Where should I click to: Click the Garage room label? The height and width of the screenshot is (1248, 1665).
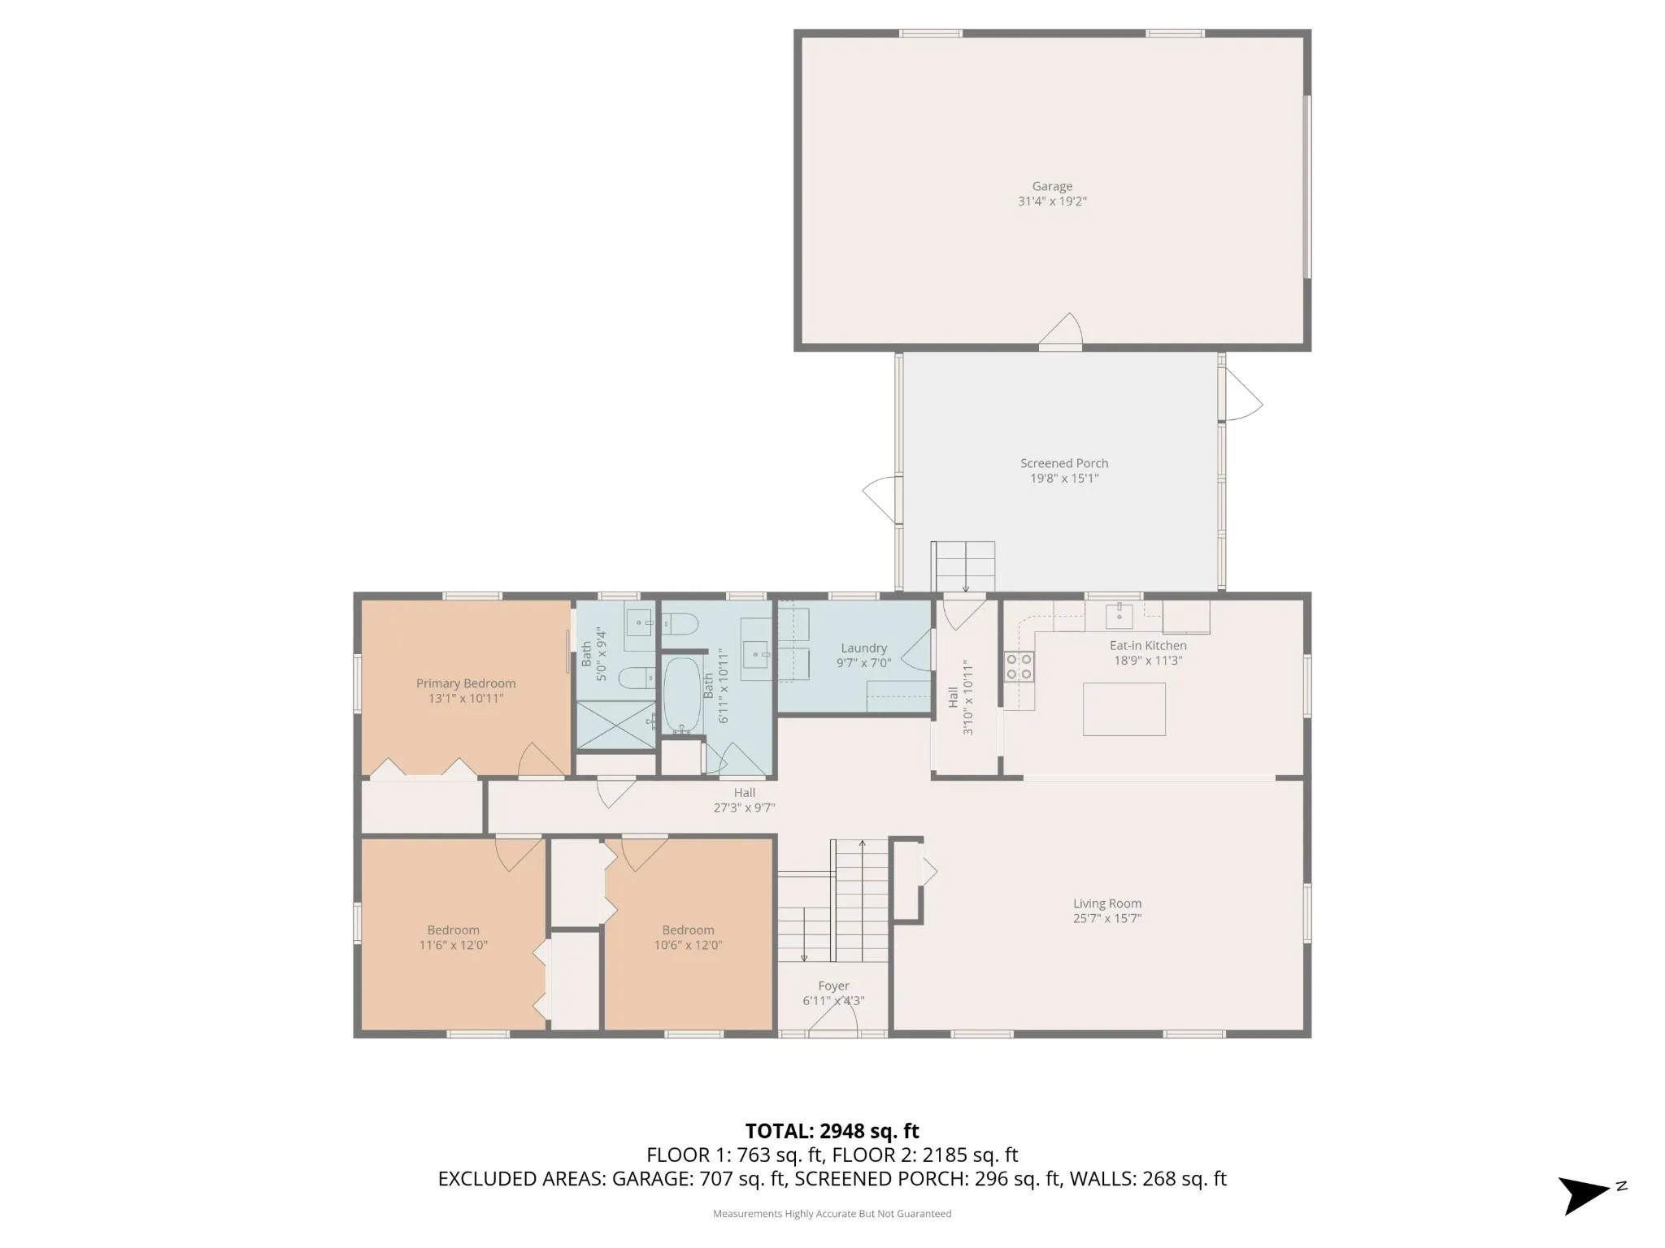pyautogui.click(x=1052, y=186)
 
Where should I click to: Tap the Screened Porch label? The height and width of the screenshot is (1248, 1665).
pyautogui.click(x=1064, y=463)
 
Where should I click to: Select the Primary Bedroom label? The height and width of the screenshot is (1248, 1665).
pyautogui.click(x=466, y=683)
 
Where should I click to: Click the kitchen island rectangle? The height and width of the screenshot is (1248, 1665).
pyautogui.click(x=1124, y=709)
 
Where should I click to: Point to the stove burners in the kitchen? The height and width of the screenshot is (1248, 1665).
pyautogui.click(x=1019, y=666)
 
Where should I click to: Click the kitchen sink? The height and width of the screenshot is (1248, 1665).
pyautogui.click(x=1119, y=615)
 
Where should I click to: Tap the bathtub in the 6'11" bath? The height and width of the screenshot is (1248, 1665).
pyautogui.click(x=682, y=695)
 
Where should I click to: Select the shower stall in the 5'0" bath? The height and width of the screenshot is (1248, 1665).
pyautogui.click(x=615, y=725)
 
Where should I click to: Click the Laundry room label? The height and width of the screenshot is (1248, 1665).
pyautogui.click(x=863, y=648)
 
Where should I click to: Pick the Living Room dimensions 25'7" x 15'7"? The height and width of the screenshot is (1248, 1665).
pyautogui.click(x=1107, y=918)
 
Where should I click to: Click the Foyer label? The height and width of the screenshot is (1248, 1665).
pyautogui.click(x=833, y=986)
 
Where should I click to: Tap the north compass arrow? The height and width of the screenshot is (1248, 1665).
pyautogui.click(x=1585, y=1195)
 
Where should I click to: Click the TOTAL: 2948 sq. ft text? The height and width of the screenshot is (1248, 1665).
pyautogui.click(x=832, y=1131)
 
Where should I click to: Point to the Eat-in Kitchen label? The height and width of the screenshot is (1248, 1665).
pyautogui.click(x=1148, y=645)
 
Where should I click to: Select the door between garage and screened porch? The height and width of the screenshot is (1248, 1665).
pyautogui.click(x=1061, y=332)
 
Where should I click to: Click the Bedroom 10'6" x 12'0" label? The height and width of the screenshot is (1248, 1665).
pyautogui.click(x=688, y=938)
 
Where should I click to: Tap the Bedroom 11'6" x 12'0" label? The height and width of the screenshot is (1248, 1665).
pyautogui.click(x=454, y=938)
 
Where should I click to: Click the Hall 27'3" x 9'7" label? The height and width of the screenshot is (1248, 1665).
pyautogui.click(x=745, y=800)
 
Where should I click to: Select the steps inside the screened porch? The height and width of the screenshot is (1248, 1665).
pyautogui.click(x=963, y=567)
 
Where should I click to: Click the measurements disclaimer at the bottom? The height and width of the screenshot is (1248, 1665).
pyautogui.click(x=832, y=1214)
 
